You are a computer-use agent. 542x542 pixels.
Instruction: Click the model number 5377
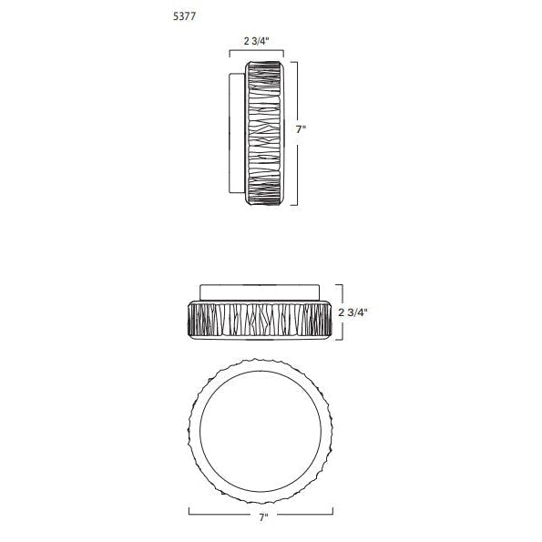[184, 16]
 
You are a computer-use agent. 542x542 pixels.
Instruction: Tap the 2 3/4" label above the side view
[256, 41]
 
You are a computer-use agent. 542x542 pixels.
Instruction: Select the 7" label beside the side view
[302, 129]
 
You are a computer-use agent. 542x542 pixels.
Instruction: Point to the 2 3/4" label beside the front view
[353, 312]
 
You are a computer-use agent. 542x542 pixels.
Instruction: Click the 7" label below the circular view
[264, 517]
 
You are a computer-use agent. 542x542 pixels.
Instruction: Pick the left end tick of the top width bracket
[230, 54]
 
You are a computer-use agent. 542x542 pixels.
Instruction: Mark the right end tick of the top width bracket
[283, 54]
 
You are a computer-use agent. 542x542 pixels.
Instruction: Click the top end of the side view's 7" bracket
[294, 62]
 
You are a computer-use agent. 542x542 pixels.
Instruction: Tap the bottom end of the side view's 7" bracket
[294, 205]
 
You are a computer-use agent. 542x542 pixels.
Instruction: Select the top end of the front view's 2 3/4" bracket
[339, 285]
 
